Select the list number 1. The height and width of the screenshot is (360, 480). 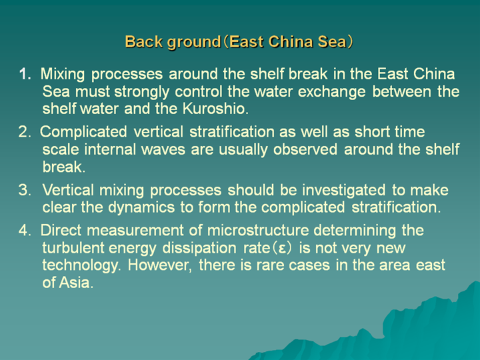25,74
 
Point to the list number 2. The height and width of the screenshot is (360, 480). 25,132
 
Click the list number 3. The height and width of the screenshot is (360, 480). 25,190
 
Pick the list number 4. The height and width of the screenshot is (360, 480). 25,230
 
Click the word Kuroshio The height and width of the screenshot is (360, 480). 215,109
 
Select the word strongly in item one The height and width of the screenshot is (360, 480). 142,92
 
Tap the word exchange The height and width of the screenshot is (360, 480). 331,92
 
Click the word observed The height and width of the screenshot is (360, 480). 305,149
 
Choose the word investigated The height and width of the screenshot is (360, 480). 344,190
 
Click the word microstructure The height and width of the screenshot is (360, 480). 258,230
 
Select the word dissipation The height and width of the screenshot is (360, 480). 199,248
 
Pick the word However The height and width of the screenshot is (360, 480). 160,265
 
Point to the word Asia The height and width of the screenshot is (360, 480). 76,283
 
